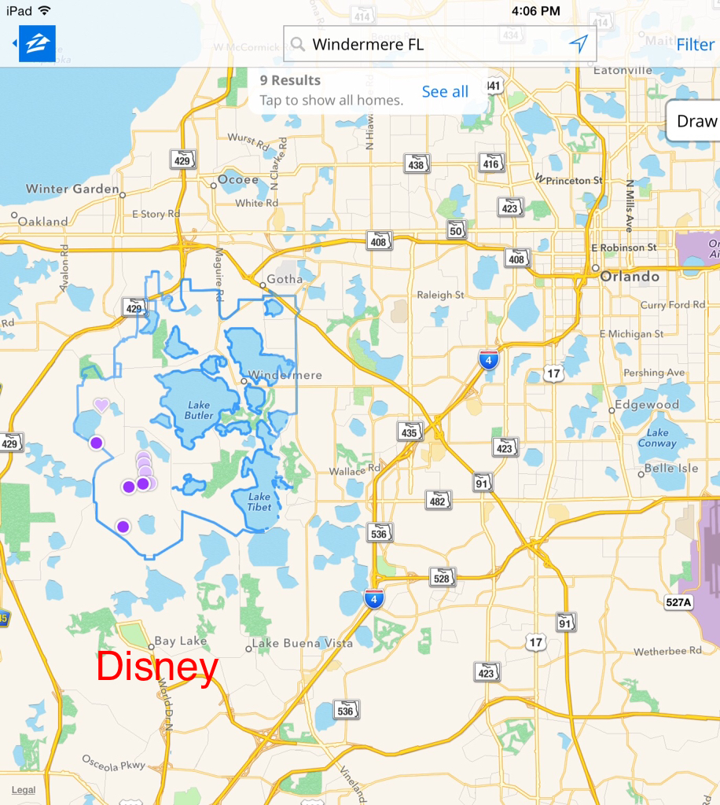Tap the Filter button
coord(695,45)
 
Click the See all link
coord(445,92)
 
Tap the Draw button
coord(696,121)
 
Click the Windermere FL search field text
coord(368,45)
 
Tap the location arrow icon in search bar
coord(579,44)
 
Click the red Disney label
coord(157,667)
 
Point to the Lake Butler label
coord(199,410)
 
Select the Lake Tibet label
coord(259,502)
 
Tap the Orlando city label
coord(630,277)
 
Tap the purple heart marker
coord(101,405)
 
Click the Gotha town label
coord(285,279)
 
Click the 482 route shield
coord(439,500)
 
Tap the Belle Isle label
coord(671,469)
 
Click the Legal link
coord(24,790)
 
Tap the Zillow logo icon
coord(37,44)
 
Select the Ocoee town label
coord(238,180)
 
